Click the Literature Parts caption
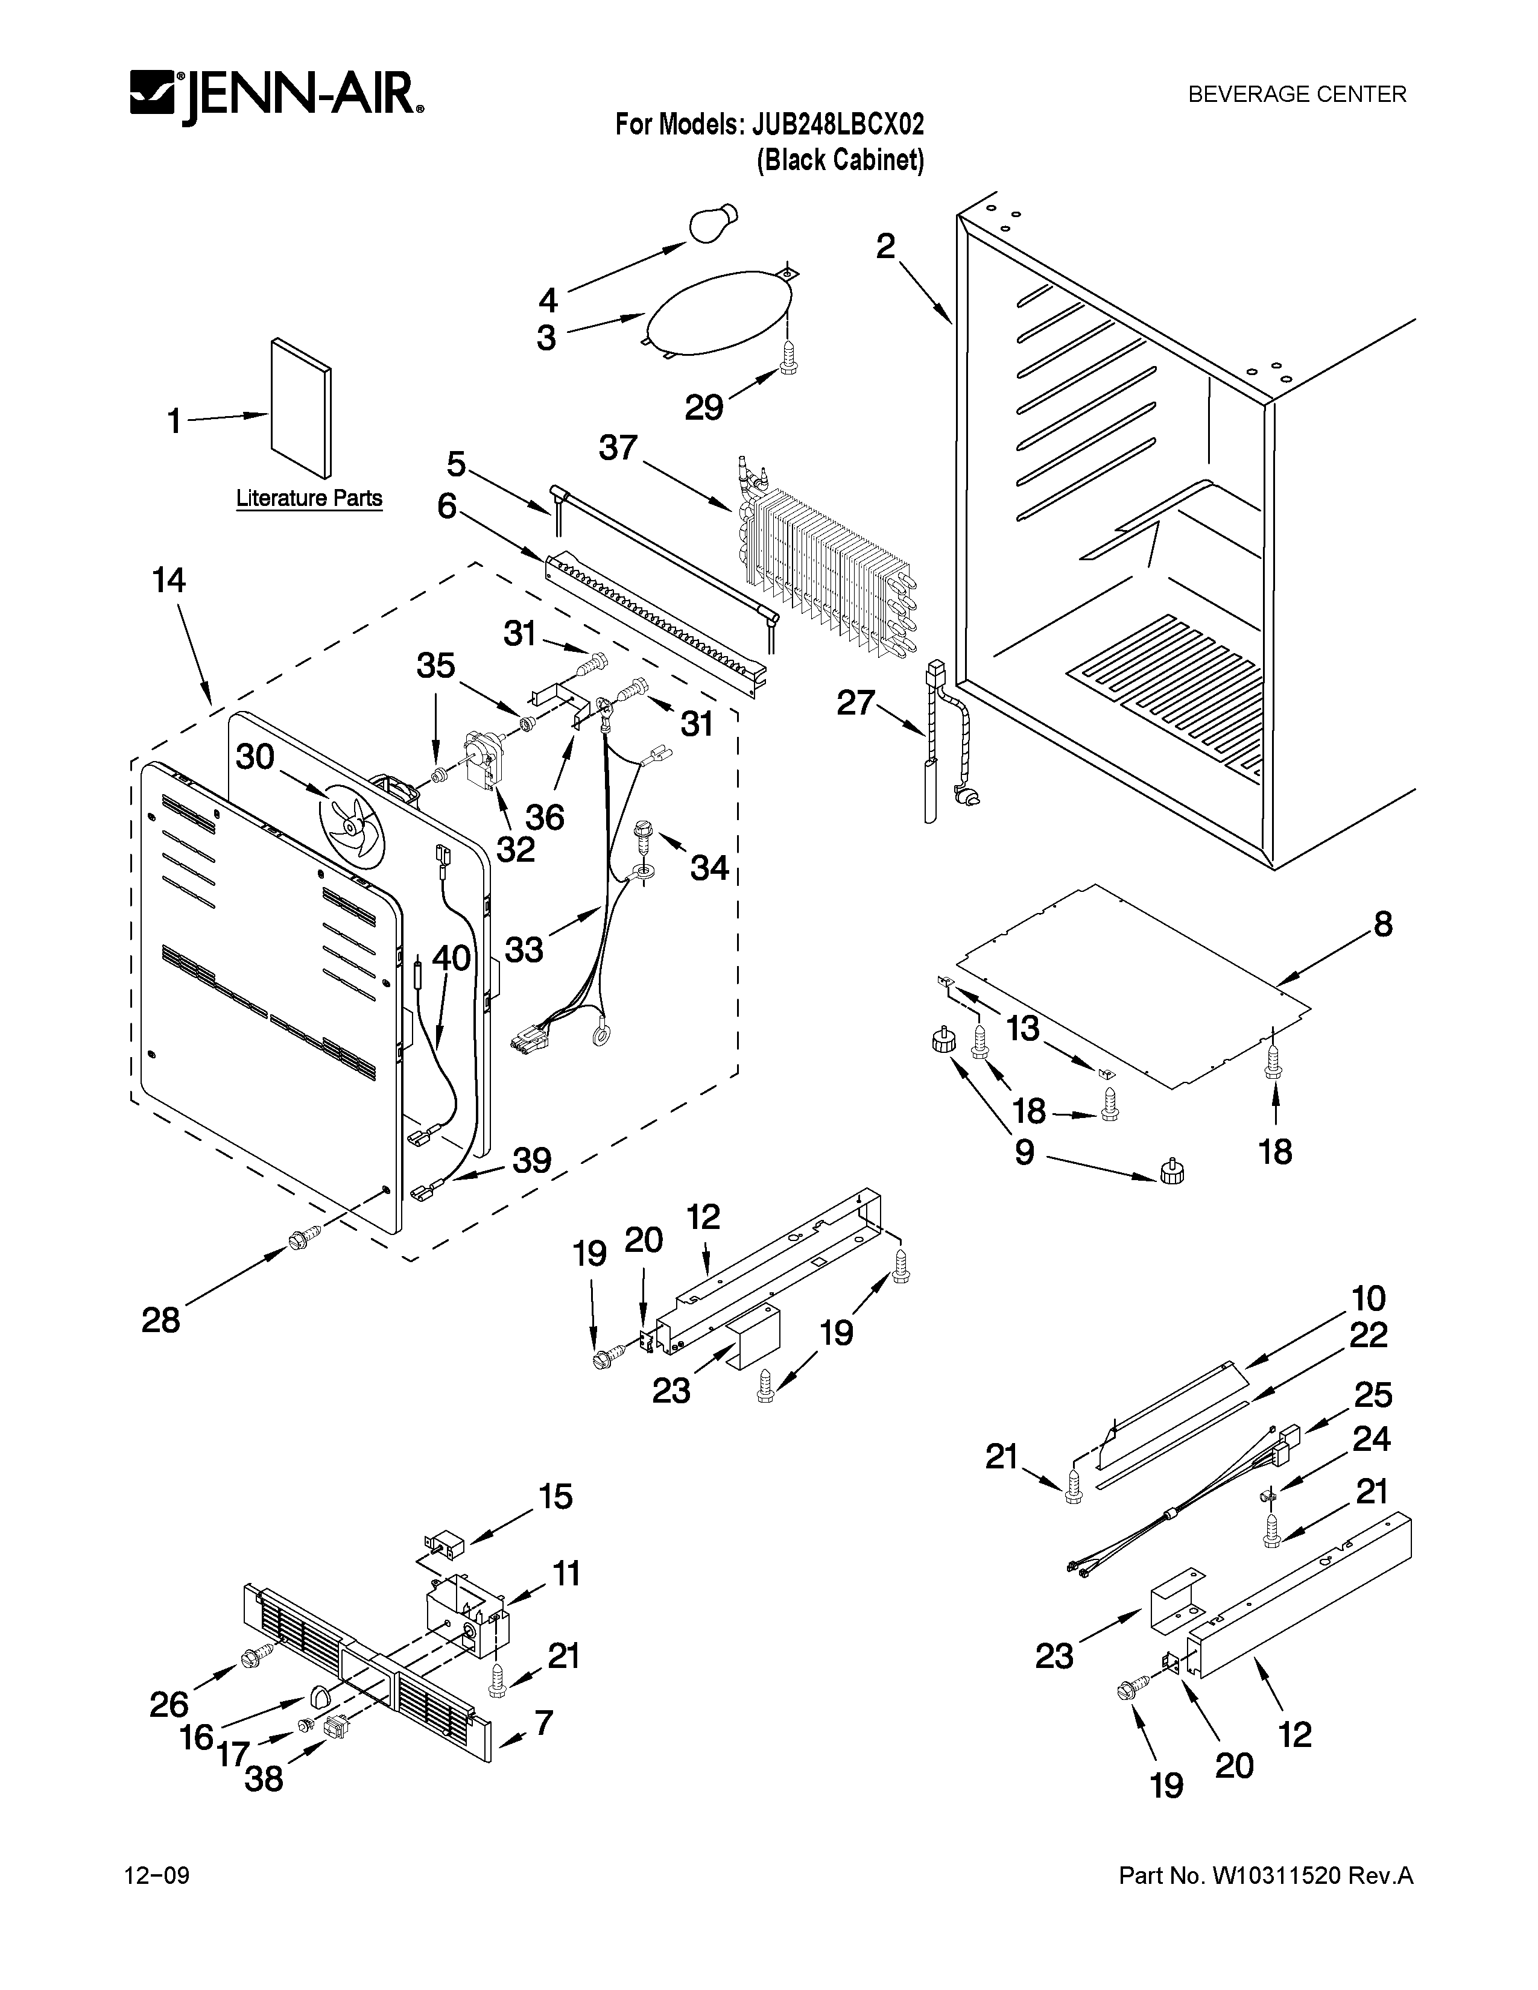[309, 499]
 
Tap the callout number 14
[168, 580]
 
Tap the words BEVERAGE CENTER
[1297, 94]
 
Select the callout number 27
[856, 703]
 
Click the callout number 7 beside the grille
[544, 1722]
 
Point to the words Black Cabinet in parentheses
[840, 160]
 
